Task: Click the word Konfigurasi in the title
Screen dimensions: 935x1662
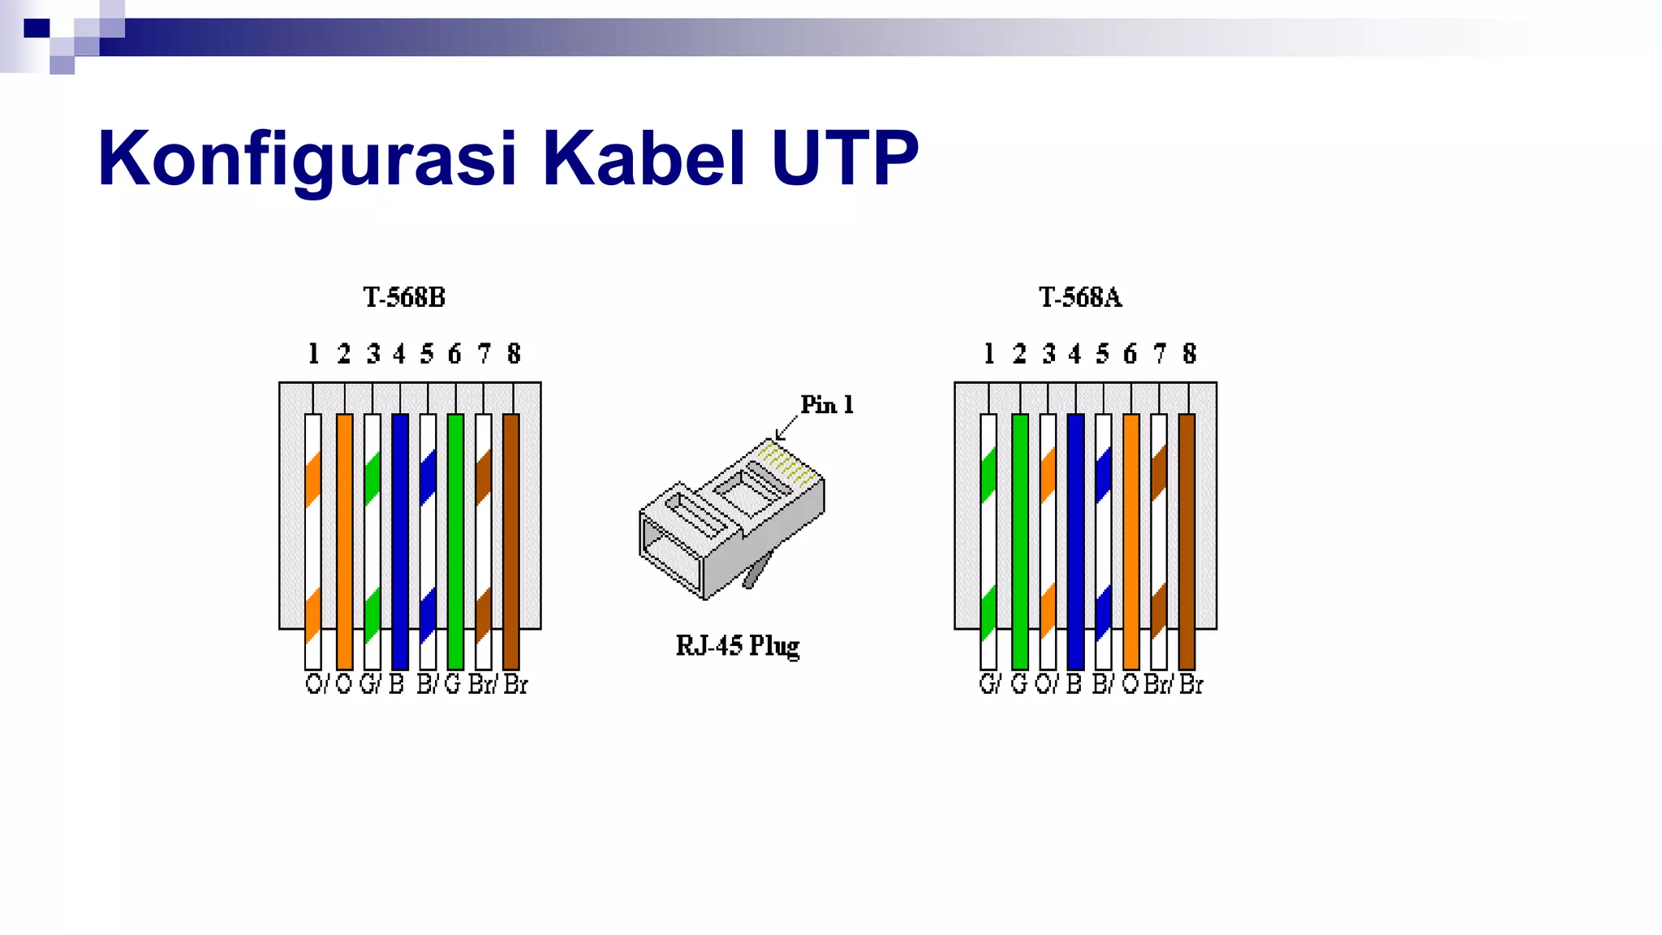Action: pos(307,158)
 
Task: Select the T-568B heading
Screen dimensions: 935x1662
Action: pos(404,298)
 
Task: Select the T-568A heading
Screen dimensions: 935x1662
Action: pos(1080,298)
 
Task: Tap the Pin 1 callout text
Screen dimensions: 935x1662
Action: pos(826,405)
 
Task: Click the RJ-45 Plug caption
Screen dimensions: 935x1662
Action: pos(737,646)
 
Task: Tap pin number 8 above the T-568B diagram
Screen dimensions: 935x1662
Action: pos(514,354)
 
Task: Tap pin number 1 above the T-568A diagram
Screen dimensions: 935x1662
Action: pos(988,354)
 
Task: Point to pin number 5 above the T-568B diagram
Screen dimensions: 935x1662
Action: pos(427,354)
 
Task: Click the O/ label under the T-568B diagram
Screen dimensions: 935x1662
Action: pos(316,684)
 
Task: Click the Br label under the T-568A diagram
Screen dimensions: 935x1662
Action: pos(1191,684)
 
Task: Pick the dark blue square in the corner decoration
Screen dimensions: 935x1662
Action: pos(37,28)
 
